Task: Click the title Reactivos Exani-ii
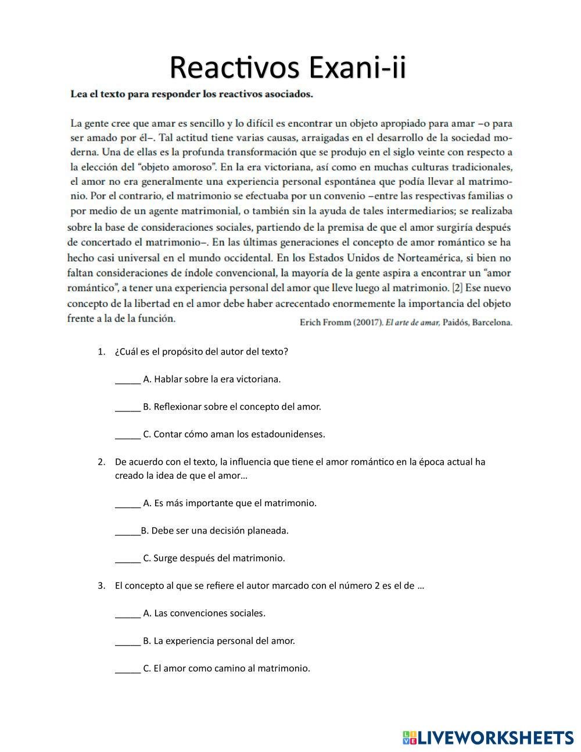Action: [x=288, y=67]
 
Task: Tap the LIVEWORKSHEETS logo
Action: [x=487, y=737]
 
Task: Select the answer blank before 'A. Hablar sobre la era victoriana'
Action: [x=128, y=380]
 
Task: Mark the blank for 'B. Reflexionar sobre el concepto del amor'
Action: [x=128, y=407]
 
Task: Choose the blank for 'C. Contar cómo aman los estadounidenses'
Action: [x=128, y=435]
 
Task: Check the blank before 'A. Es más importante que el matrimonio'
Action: [x=128, y=504]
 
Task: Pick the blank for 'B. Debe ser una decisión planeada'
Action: [x=127, y=531]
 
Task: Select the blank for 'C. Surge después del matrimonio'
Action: [x=128, y=559]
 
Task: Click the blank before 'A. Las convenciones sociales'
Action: [x=128, y=614]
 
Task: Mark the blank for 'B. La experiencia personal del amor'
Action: [x=128, y=642]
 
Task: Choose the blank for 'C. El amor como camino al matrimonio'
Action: [x=128, y=669]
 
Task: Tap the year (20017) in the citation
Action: [x=368, y=323]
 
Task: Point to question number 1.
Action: [x=101, y=352]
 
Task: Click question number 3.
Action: [x=101, y=586]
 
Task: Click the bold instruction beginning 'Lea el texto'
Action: [x=191, y=94]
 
